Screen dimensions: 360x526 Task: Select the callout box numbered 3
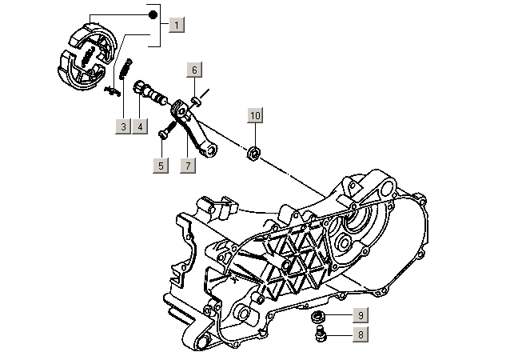pos(122,126)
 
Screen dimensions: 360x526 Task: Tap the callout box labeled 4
pos(140,126)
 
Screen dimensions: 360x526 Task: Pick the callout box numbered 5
pos(161,166)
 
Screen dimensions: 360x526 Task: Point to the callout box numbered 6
pos(194,70)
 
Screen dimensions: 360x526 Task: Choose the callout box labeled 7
pos(188,166)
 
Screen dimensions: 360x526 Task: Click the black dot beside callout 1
pos(152,14)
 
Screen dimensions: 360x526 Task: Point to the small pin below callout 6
pos(196,98)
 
